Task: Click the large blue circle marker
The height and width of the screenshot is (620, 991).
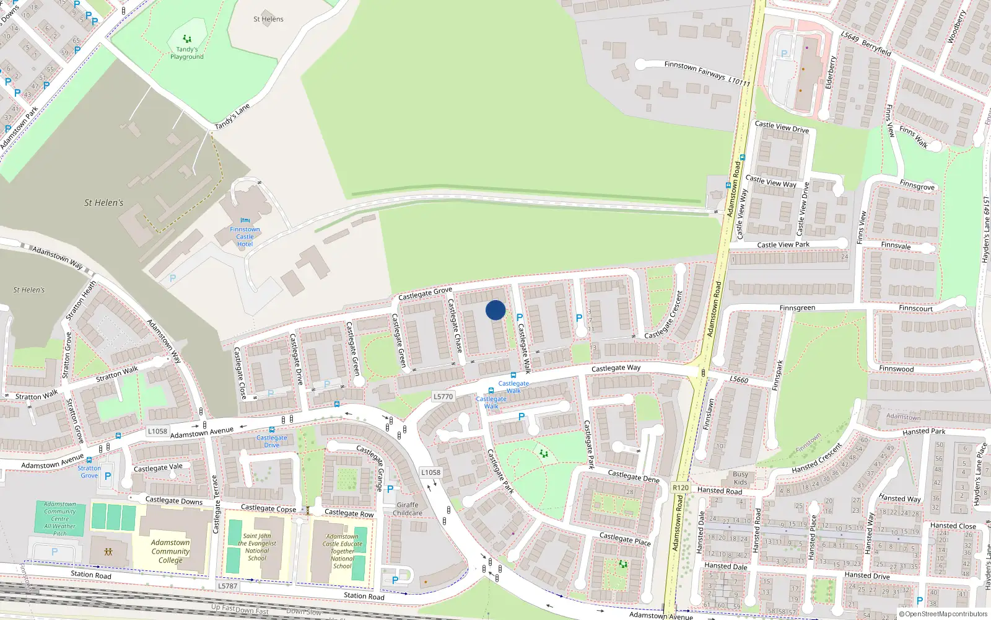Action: (x=495, y=310)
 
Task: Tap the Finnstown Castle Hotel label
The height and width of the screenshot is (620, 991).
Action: (x=245, y=236)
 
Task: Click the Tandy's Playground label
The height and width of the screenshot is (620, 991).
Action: (x=187, y=53)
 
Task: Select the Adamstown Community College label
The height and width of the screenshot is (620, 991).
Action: (x=170, y=551)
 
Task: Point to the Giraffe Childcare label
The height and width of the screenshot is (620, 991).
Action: (x=408, y=509)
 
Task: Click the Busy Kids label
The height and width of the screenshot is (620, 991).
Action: (x=740, y=478)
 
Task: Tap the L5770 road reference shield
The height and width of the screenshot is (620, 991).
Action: (x=443, y=397)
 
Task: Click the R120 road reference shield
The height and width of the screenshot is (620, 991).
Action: (x=681, y=488)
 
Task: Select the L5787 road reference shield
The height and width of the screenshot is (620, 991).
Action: (x=227, y=586)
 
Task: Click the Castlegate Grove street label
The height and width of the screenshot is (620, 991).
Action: (x=425, y=293)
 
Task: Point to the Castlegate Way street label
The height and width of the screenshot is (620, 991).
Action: (x=616, y=368)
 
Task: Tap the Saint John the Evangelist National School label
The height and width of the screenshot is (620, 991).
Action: (x=257, y=547)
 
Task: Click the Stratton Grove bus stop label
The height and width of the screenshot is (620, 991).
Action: (x=89, y=472)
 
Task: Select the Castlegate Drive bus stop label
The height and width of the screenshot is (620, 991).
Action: (x=272, y=441)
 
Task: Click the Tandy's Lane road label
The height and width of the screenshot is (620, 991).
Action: (x=232, y=117)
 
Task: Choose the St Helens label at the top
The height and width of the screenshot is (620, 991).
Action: (x=268, y=19)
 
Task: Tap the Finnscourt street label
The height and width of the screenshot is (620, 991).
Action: (x=915, y=308)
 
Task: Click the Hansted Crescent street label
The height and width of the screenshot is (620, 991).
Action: (x=818, y=458)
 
